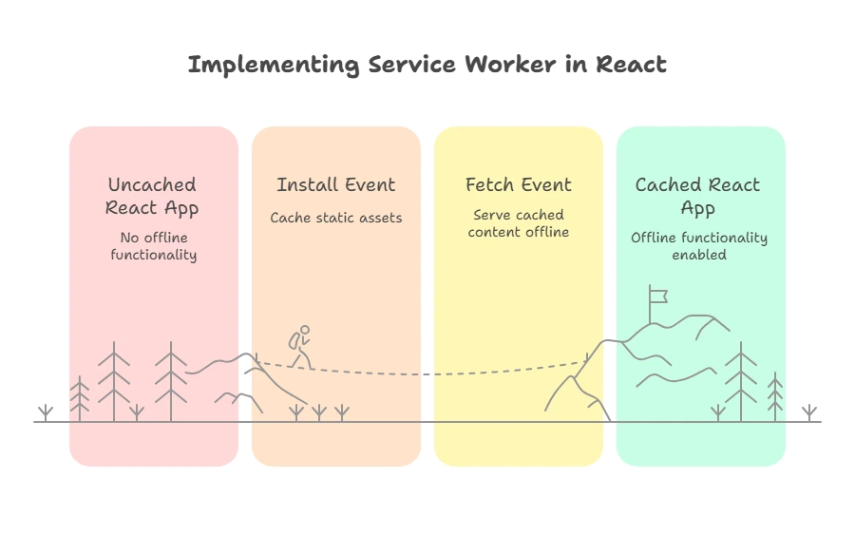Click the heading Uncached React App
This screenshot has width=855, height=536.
[x=152, y=196]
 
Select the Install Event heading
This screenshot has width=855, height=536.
[x=335, y=184]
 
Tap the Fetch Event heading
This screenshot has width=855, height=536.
[x=519, y=184]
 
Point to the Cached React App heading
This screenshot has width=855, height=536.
[x=698, y=196]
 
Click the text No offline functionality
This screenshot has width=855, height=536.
[x=153, y=245]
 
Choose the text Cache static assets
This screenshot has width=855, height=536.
[x=335, y=218]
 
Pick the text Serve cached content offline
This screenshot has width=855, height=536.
[x=519, y=223]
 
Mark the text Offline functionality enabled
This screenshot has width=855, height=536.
[x=699, y=245]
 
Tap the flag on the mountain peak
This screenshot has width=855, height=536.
[x=656, y=295]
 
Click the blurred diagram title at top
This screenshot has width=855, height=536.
[x=427, y=65]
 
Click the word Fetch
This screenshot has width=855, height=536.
[x=489, y=184]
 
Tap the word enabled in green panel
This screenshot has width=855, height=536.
[x=699, y=255]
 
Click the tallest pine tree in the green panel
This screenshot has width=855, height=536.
[x=741, y=380]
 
